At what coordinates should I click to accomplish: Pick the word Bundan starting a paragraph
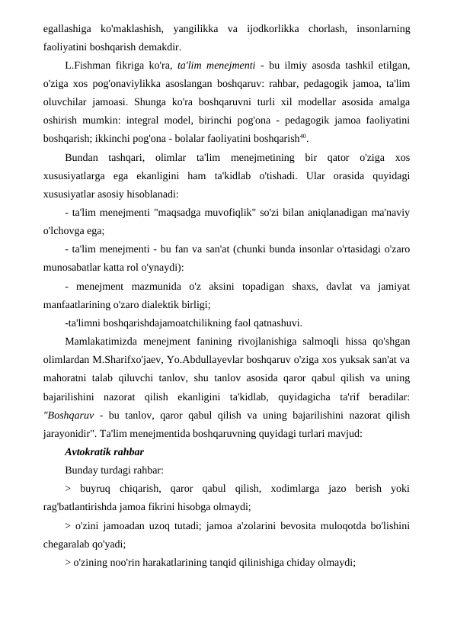tap(83, 159)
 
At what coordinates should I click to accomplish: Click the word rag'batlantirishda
tap(84, 506)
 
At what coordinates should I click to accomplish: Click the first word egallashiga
tap(66, 29)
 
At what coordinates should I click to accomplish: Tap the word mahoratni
tap(69, 377)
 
